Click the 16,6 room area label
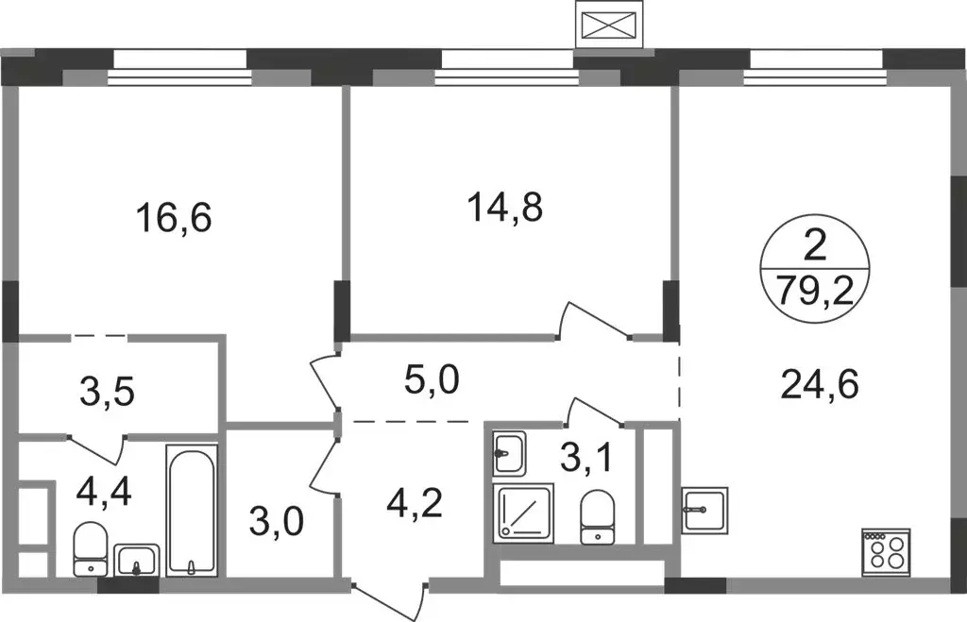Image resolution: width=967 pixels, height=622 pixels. [175, 218]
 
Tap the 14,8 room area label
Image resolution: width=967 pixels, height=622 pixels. [506, 207]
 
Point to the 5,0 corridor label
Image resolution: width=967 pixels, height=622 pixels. [432, 379]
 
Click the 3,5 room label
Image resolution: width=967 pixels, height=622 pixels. [108, 392]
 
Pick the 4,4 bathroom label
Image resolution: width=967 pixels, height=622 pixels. [104, 492]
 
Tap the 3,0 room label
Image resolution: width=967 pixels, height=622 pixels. [277, 521]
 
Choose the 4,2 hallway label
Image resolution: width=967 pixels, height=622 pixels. [415, 504]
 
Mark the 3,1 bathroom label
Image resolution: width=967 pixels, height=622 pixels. [586, 458]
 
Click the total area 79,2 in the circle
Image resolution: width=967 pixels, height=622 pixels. [815, 290]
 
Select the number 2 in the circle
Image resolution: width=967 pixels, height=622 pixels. [815, 248]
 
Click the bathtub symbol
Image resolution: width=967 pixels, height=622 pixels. [192, 511]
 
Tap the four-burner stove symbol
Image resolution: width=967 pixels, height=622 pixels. [887, 552]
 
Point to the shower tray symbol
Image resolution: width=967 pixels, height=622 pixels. [523, 513]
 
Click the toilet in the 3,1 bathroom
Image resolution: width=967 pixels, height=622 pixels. [598, 516]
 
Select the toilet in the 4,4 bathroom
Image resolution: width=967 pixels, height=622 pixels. [91, 549]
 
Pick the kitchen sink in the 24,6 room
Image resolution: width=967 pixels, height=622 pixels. [704, 509]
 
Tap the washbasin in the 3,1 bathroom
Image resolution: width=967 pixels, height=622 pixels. [509, 454]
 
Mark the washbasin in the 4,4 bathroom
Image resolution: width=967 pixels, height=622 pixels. [137, 561]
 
